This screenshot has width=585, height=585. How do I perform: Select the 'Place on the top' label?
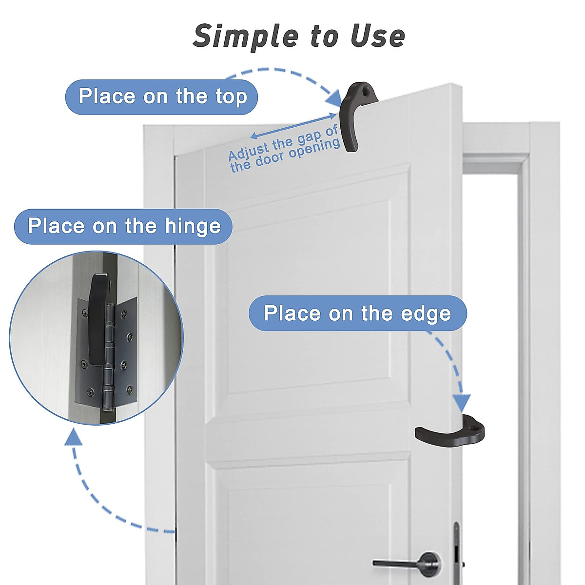point(162,97)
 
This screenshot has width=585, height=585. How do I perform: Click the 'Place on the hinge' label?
point(123,227)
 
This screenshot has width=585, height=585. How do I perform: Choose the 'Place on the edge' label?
point(357,313)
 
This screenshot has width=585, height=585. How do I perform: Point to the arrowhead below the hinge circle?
point(73,438)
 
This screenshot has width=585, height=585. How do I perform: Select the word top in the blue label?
point(231,97)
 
